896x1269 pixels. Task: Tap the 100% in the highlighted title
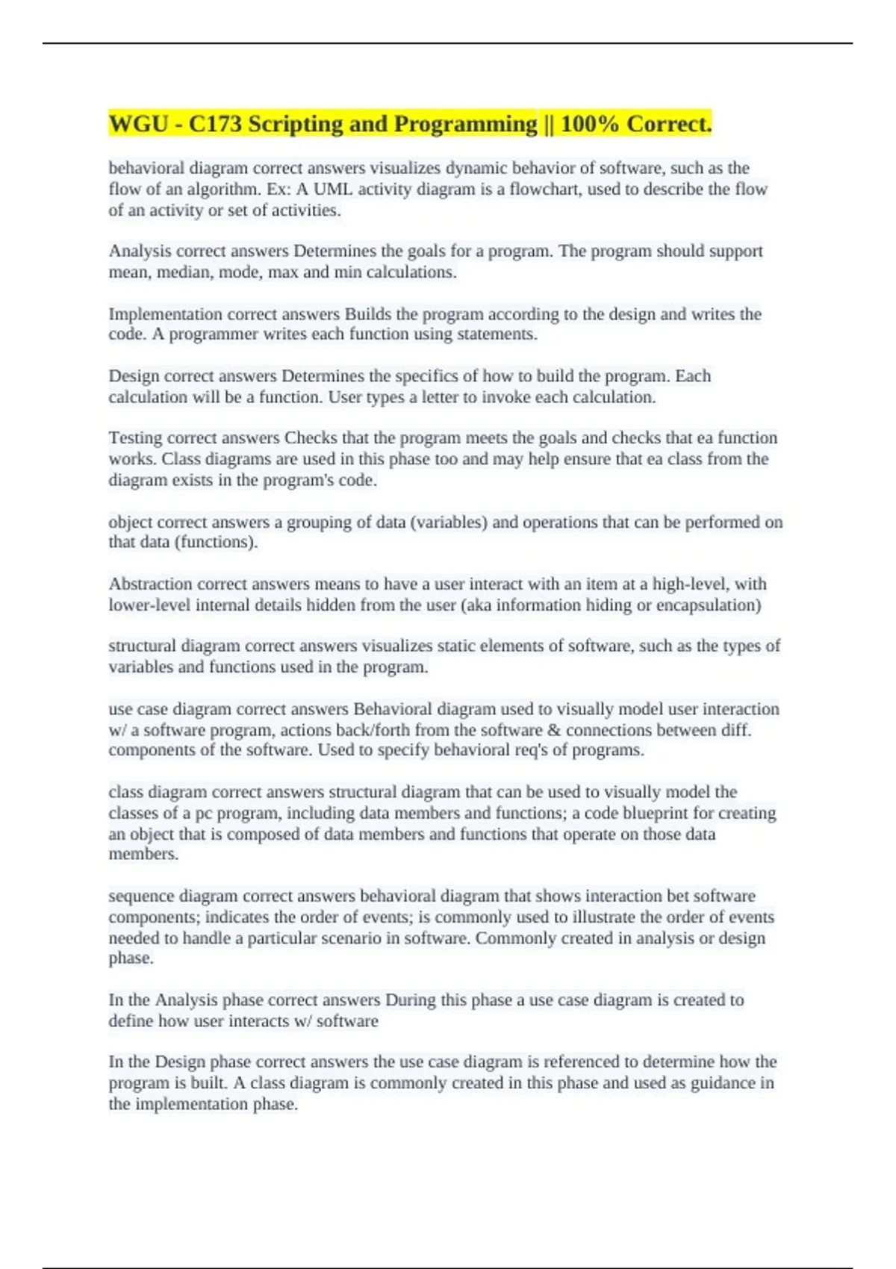point(590,124)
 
